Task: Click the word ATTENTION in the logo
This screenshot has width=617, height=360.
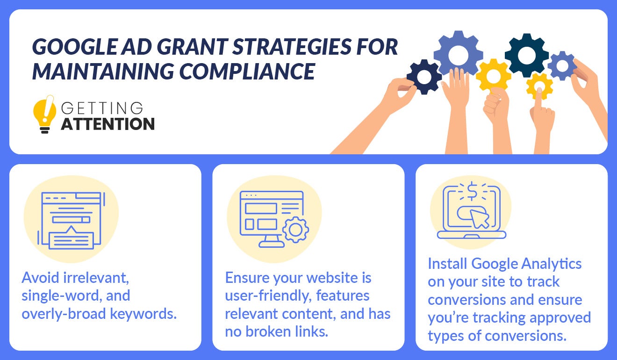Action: pos(108,124)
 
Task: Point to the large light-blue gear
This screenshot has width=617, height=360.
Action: pos(458,55)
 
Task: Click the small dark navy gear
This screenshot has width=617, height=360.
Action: pos(424,77)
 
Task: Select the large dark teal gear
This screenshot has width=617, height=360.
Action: pos(526,55)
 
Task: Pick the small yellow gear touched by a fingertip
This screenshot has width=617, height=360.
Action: pos(539,86)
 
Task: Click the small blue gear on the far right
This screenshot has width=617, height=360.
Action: pos(562,65)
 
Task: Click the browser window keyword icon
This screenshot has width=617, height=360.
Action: pos(72,220)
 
